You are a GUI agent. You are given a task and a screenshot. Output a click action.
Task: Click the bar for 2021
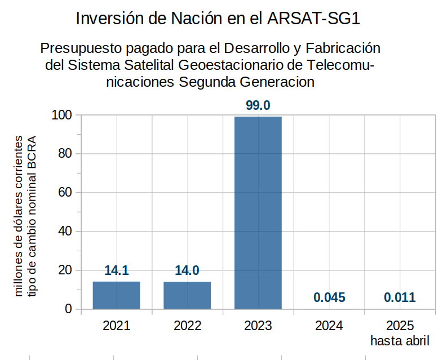click(116, 295)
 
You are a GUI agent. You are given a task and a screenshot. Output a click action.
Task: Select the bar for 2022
click(187, 295)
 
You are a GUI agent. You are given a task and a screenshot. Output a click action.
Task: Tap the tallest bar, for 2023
click(258, 212)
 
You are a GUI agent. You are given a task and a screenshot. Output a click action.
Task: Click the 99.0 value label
click(258, 105)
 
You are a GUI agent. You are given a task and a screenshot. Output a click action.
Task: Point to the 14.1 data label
click(116, 270)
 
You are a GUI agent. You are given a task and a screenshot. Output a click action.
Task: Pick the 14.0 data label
click(187, 270)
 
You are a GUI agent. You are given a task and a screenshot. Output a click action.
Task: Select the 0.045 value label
click(329, 297)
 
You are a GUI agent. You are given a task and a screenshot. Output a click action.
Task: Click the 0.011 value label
click(400, 297)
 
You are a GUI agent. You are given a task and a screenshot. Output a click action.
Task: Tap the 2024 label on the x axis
click(329, 326)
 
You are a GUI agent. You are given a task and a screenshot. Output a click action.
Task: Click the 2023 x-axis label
click(258, 326)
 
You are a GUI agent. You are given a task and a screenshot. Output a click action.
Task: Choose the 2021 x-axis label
click(116, 326)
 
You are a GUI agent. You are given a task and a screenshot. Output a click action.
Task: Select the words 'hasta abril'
click(400, 341)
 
